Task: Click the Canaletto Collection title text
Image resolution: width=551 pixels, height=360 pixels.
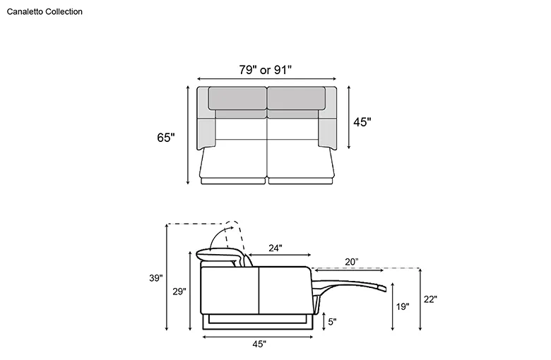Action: click(45, 11)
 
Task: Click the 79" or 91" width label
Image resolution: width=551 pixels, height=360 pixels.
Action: click(266, 70)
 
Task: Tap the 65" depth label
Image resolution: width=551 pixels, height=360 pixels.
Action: click(166, 138)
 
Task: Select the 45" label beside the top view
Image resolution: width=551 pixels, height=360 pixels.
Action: click(362, 122)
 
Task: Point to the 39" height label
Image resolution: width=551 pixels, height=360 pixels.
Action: click(155, 278)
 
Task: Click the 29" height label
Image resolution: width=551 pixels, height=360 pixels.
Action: click(179, 292)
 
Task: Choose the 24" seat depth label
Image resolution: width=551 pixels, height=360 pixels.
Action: click(275, 248)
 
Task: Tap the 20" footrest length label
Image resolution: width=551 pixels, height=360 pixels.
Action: click(351, 262)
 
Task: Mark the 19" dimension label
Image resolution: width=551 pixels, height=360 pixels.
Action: click(403, 306)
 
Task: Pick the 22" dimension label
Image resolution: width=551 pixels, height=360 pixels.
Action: click(430, 299)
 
